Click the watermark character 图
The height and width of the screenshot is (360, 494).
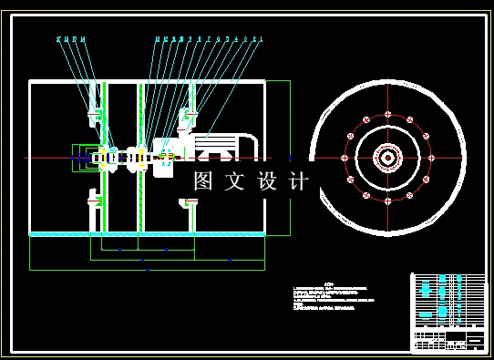click(204, 180)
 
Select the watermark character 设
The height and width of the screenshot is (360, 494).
click(266, 180)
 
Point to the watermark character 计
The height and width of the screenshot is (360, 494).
click(297, 180)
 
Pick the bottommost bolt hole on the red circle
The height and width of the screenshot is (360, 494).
click(387, 202)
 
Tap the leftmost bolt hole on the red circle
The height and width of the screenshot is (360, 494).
click(344, 158)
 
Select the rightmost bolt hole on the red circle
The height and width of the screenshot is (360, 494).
click(431, 158)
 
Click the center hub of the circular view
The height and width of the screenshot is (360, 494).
click(387, 158)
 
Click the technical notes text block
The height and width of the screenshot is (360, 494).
click(333, 297)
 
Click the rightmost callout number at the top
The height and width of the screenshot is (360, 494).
click(261, 39)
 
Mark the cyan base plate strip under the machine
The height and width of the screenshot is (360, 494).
click(146, 234)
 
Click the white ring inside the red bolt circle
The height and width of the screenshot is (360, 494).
click(387, 178)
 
